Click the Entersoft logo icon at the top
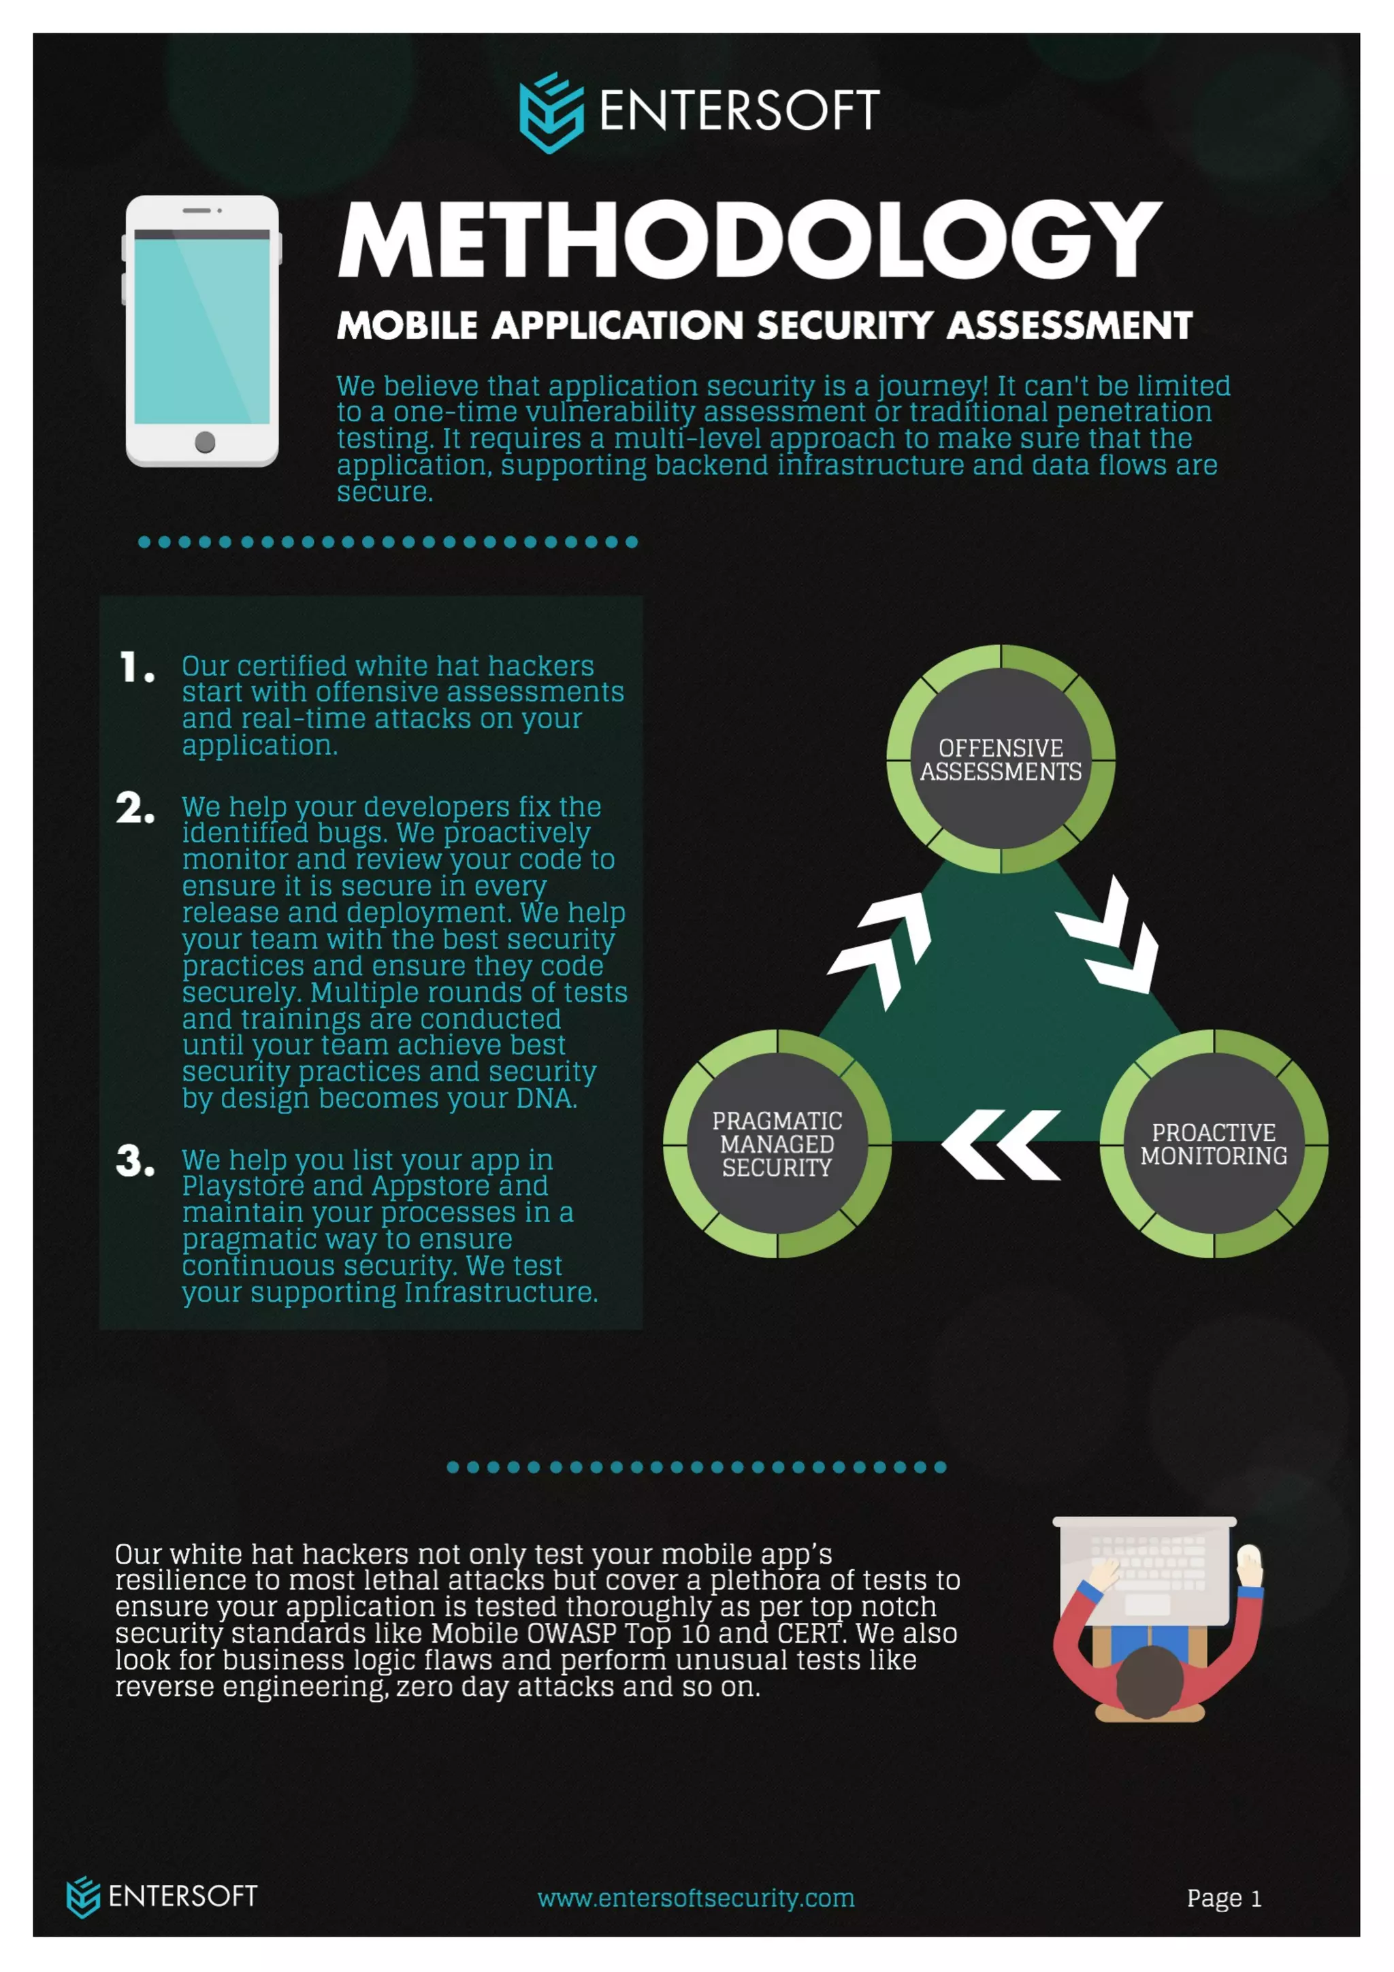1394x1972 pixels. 551,112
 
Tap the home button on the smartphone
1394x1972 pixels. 204,442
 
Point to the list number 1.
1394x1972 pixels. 137,668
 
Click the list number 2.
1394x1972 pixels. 135,809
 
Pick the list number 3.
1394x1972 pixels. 135,1161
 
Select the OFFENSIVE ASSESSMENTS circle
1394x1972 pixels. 1001,759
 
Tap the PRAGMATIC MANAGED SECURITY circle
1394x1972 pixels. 777,1143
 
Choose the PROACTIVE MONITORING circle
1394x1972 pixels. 1213,1143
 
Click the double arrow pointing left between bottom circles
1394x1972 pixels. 1001,1144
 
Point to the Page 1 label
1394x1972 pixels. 1223,1898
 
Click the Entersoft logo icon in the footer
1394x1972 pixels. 83,1896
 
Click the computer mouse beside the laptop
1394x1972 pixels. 1249,1556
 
